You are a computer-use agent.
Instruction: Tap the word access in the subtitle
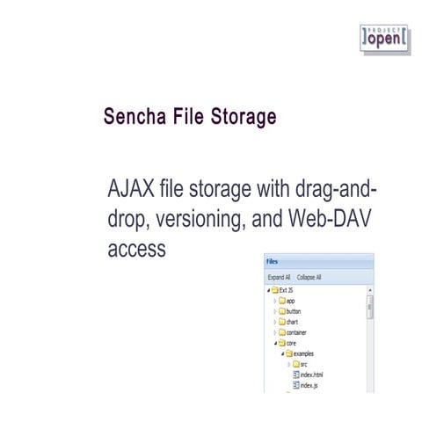tap(136, 249)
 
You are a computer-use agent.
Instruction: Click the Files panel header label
tap(273, 261)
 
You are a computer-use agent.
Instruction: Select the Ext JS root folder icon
tap(275, 289)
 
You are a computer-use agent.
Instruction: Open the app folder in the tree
tap(291, 301)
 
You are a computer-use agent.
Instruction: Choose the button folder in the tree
tap(294, 311)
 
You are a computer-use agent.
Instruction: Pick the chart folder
tap(292, 322)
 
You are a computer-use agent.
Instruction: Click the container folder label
tap(297, 332)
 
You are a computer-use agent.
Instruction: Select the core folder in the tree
tap(291, 343)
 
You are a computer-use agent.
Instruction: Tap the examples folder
tap(302, 353)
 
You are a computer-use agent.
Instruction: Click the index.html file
tap(311, 375)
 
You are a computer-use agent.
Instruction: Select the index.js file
tap(308, 385)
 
